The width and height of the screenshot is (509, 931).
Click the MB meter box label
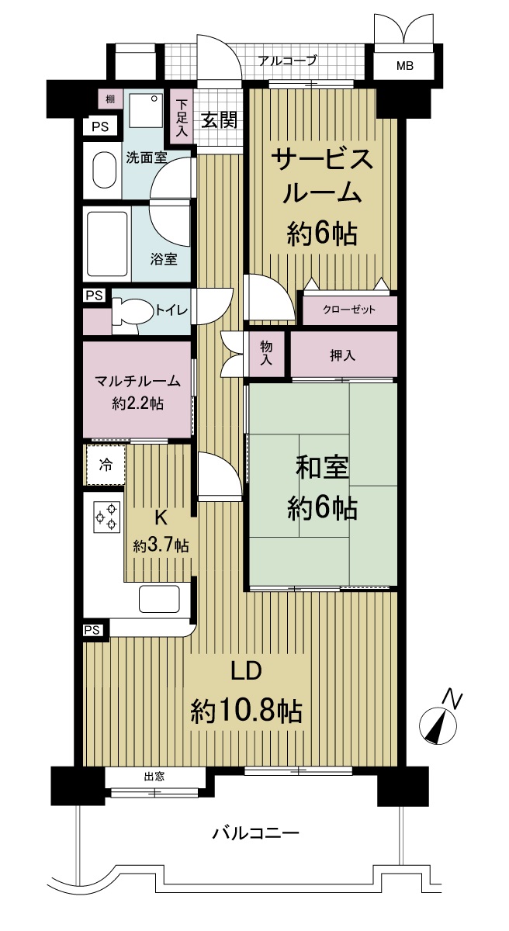(x=405, y=67)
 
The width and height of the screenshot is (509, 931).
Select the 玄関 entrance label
(x=219, y=120)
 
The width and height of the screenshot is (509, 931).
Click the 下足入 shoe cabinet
(x=182, y=119)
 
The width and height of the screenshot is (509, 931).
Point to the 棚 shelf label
(x=106, y=99)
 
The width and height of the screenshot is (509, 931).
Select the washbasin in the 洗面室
(x=102, y=170)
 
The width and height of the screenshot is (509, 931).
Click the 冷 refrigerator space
(x=105, y=465)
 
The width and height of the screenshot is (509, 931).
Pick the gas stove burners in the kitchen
(x=106, y=517)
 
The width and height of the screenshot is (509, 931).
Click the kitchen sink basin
(x=159, y=600)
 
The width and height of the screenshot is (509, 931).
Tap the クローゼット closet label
(x=349, y=310)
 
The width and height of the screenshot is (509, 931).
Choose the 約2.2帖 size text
(x=137, y=403)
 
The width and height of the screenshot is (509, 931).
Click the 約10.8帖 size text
(x=247, y=710)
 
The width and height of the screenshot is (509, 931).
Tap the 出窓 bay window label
(x=154, y=777)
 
